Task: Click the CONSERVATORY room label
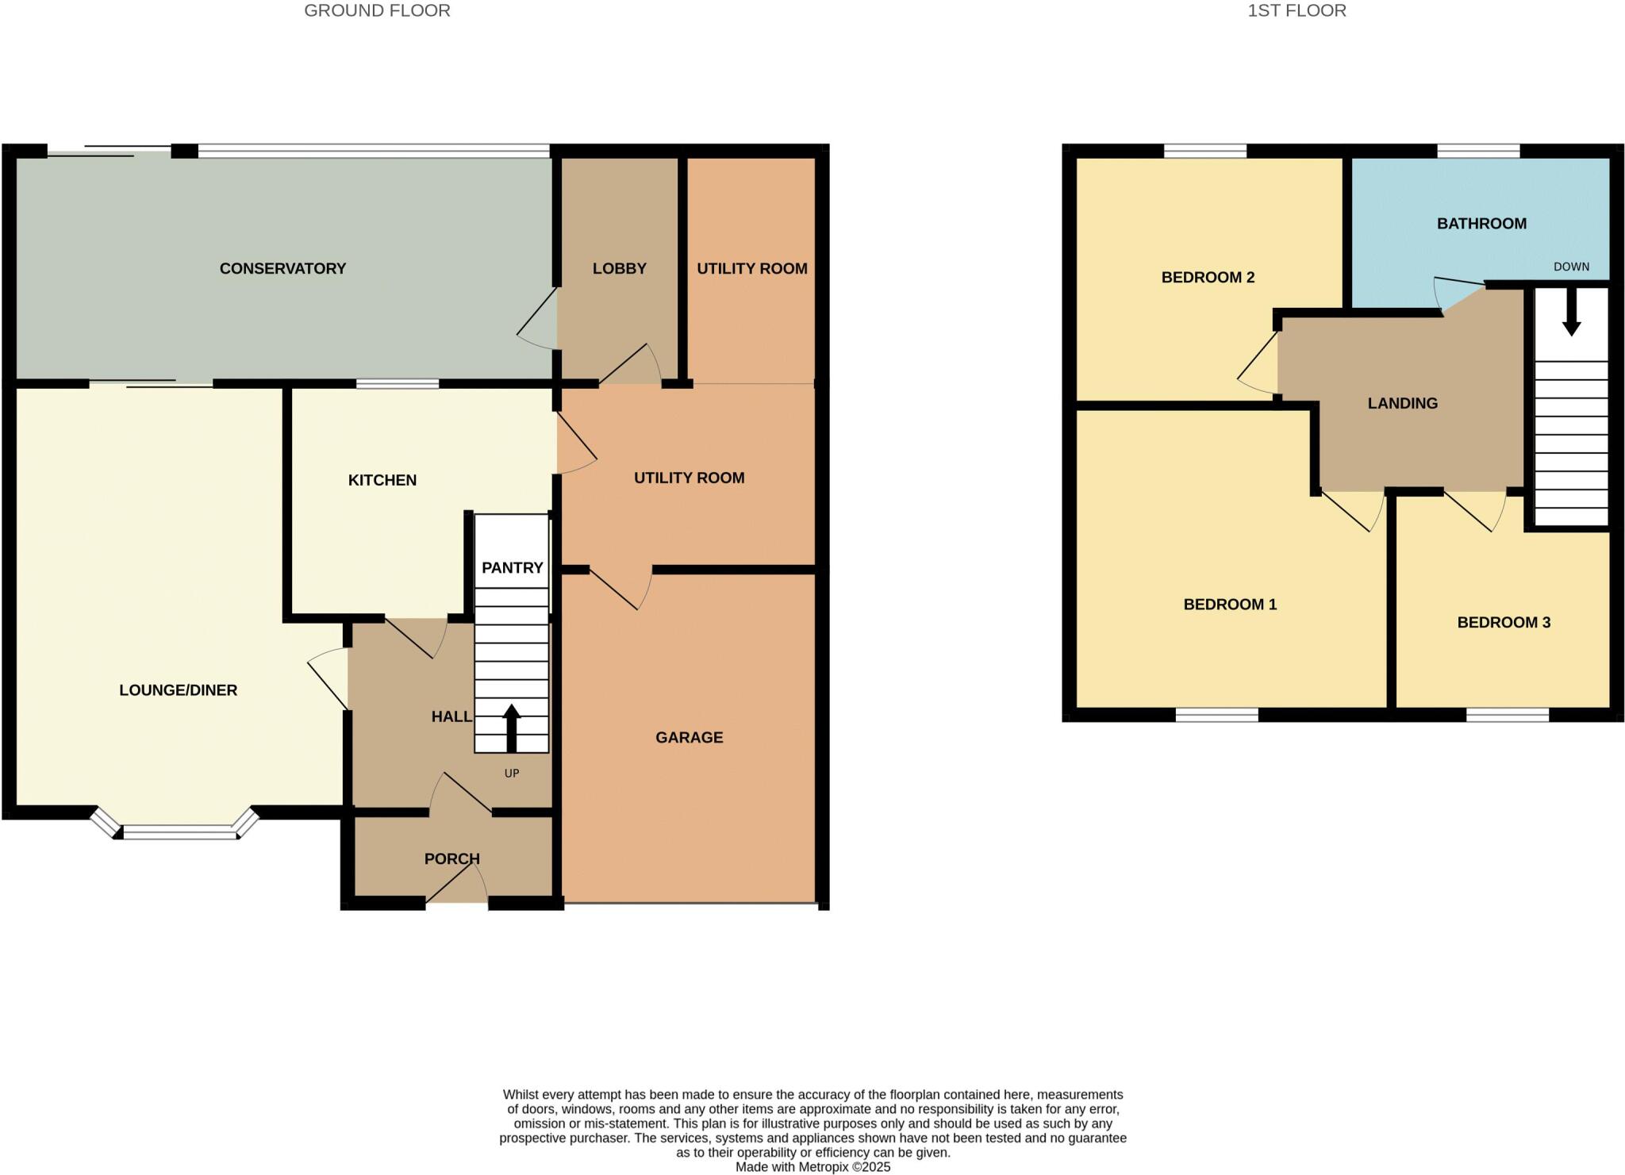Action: [x=282, y=268]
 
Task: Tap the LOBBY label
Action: [x=619, y=268]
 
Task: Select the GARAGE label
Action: [x=689, y=737]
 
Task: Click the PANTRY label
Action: [x=512, y=567]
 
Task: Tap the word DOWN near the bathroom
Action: [x=1571, y=267]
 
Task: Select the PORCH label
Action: [x=451, y=858]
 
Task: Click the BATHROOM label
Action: [x=1481, y=224]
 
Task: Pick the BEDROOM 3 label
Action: [x=1503, y=622]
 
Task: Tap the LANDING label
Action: [x=1402, y=403]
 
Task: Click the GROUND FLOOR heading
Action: [x=377, y=10]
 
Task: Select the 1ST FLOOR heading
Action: [x=1297, y=10]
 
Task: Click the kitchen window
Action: [x=397, y=384]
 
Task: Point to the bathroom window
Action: [x=1478, y=151]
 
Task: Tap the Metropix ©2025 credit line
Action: [x=812, y=1167]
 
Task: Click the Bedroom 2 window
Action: [x=1204, y=151]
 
